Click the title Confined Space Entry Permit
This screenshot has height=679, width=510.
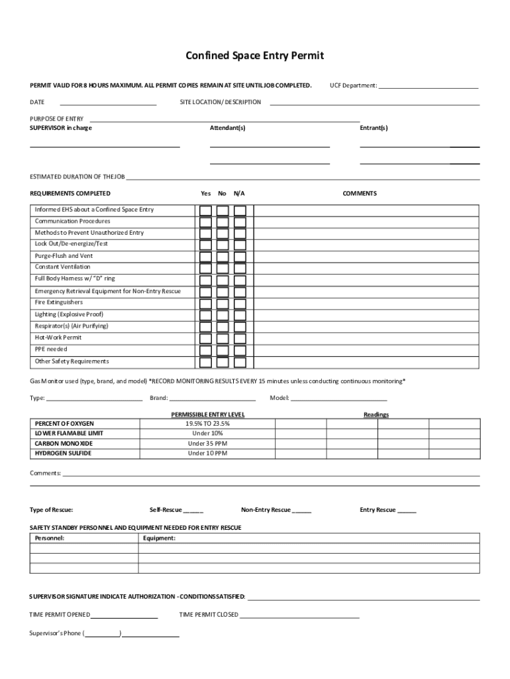pos(255,56)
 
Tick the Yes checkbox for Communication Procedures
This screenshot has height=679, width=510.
pos(206,222)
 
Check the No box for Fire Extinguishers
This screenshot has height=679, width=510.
pos(223,303)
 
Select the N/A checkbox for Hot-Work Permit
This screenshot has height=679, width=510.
pos(240,338)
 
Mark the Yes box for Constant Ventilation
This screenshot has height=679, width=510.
pos(206,268)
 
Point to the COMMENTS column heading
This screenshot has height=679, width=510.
pos(360,194)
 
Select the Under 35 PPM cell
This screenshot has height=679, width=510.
pos(207,444)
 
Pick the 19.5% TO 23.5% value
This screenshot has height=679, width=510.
pos(207,423)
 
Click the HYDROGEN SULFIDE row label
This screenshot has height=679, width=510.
pos(63,454)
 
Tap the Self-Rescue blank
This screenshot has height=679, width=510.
pos(193,511)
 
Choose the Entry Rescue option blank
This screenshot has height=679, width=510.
pos(407,511)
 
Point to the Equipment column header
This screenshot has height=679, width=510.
pos(159,538)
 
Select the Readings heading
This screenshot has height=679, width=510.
pos(376,414)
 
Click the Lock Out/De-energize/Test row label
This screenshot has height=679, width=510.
pos(72,243)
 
